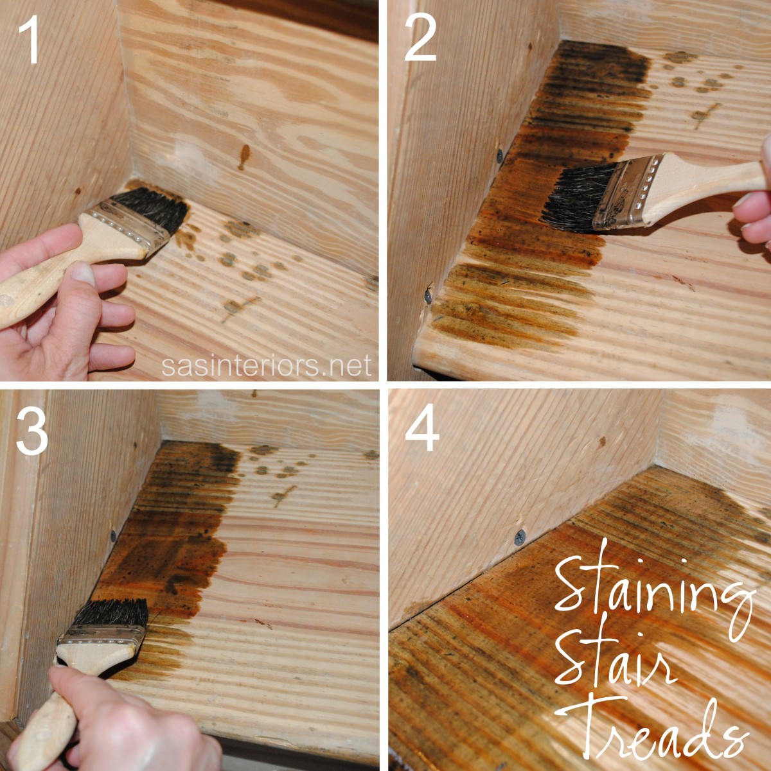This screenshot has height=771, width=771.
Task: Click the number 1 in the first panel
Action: tap(30, 40)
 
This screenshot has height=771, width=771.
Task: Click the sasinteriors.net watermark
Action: tap(266, 365)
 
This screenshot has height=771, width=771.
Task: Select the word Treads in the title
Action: tap(662, 729)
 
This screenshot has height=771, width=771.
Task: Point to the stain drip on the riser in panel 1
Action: tap(244, 156)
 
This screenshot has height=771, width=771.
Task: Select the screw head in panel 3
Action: tap(114, 535)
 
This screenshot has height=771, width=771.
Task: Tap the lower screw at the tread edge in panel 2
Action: tap(427, 296)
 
